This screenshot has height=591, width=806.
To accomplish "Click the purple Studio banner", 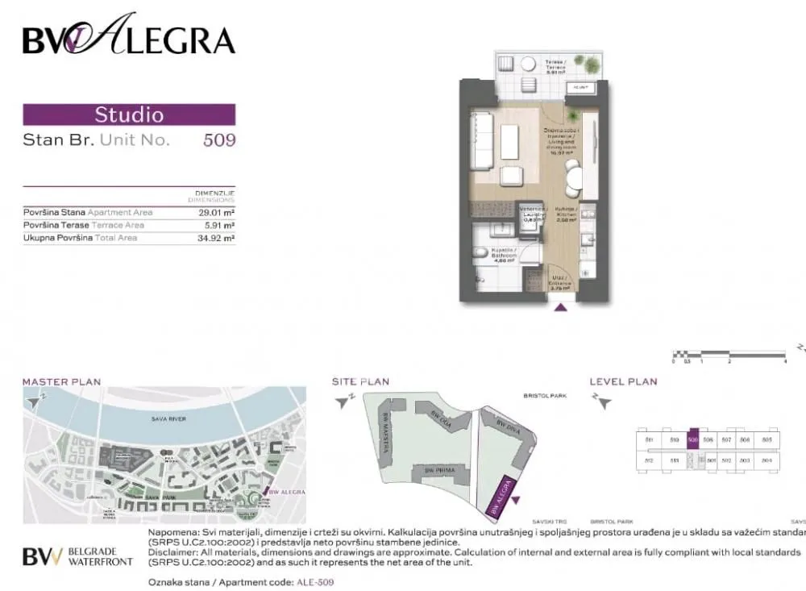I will click(129, 114).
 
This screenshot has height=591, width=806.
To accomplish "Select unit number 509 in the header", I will click(218, 139).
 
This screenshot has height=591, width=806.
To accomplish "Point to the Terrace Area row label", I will click(84, 225).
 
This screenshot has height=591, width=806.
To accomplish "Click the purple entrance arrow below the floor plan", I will click(562, 306).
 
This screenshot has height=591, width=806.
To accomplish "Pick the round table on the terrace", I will click(529, 65).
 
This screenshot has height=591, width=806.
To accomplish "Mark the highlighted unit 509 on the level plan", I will click(692, 439).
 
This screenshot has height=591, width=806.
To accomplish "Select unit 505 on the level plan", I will click(767, 439).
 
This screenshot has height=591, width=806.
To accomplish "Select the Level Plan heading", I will click(623, 381).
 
